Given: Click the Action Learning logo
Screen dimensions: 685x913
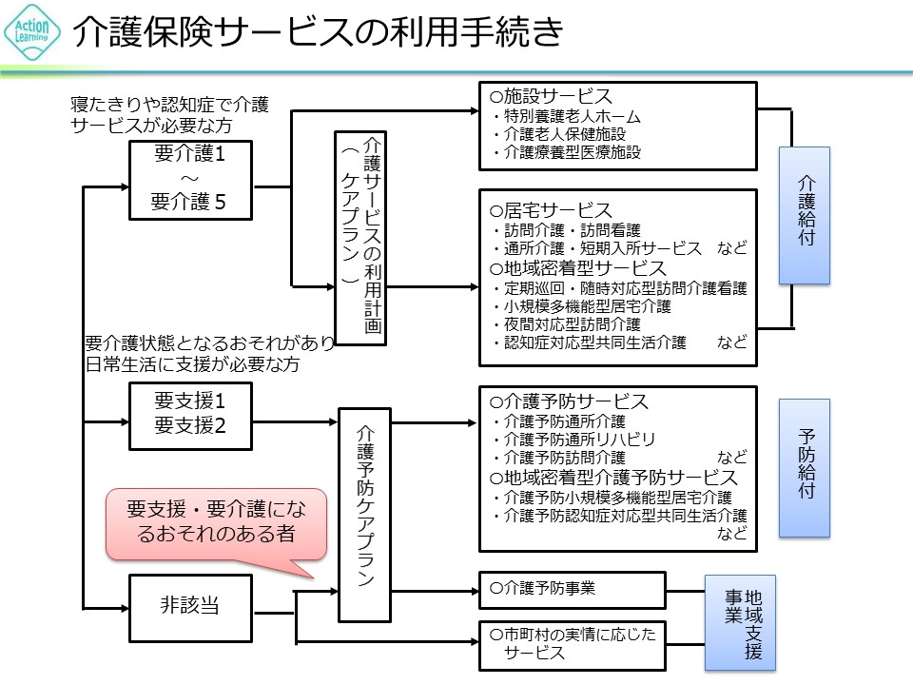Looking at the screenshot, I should [32, 33].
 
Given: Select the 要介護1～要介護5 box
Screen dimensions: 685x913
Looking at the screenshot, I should [190, 177].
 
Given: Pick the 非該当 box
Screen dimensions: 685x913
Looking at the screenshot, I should [190, 605].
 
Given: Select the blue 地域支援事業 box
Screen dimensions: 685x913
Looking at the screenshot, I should [739, 622].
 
